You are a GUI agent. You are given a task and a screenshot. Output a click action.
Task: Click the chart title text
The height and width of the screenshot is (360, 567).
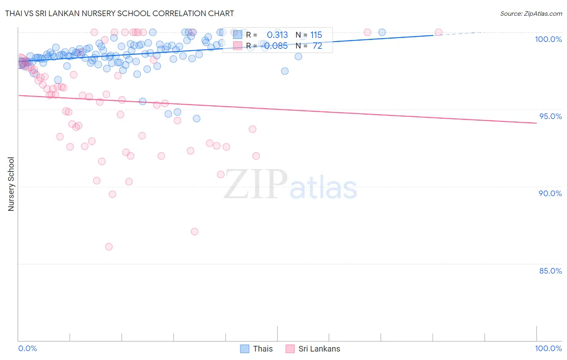pos(119,13)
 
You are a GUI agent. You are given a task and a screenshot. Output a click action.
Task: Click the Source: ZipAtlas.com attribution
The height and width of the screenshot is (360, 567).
pos(531,13)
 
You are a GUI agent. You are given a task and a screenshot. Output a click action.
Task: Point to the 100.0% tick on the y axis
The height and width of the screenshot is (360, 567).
pos(548,39)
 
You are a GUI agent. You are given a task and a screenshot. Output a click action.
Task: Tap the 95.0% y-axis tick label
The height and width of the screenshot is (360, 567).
pos(550,116)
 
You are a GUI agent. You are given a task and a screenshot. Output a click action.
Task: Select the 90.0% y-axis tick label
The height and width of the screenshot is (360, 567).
pos(550,193)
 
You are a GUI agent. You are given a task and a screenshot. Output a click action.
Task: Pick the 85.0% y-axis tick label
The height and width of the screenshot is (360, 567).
pos(550,271)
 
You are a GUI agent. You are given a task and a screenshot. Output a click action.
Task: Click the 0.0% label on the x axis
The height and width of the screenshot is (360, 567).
pos(27,348)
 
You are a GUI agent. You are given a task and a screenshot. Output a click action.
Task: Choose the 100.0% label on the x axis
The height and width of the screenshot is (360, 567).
pos(548,348)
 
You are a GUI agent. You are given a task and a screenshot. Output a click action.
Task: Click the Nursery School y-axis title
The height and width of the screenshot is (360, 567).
pos(11,184)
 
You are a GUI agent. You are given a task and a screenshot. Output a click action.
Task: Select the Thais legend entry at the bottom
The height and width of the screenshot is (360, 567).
pos(256,349)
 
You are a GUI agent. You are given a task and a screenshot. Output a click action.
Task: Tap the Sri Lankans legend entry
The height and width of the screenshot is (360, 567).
pos(313,349)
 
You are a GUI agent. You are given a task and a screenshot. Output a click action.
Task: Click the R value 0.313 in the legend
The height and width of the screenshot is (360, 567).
pos(277,35)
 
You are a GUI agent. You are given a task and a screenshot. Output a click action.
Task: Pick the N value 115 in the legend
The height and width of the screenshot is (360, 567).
pos(316,35)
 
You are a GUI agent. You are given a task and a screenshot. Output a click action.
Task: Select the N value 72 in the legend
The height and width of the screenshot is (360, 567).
pos(317,46)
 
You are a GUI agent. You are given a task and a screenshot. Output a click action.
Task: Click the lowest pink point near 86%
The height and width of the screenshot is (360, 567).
pos(108,247)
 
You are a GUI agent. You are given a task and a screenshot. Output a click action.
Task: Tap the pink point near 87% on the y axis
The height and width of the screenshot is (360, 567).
pos(194,231)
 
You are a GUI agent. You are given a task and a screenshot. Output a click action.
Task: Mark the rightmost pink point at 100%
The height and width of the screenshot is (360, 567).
pos(438,32)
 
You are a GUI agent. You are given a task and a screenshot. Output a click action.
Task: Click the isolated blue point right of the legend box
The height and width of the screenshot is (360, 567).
pos(381,32)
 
